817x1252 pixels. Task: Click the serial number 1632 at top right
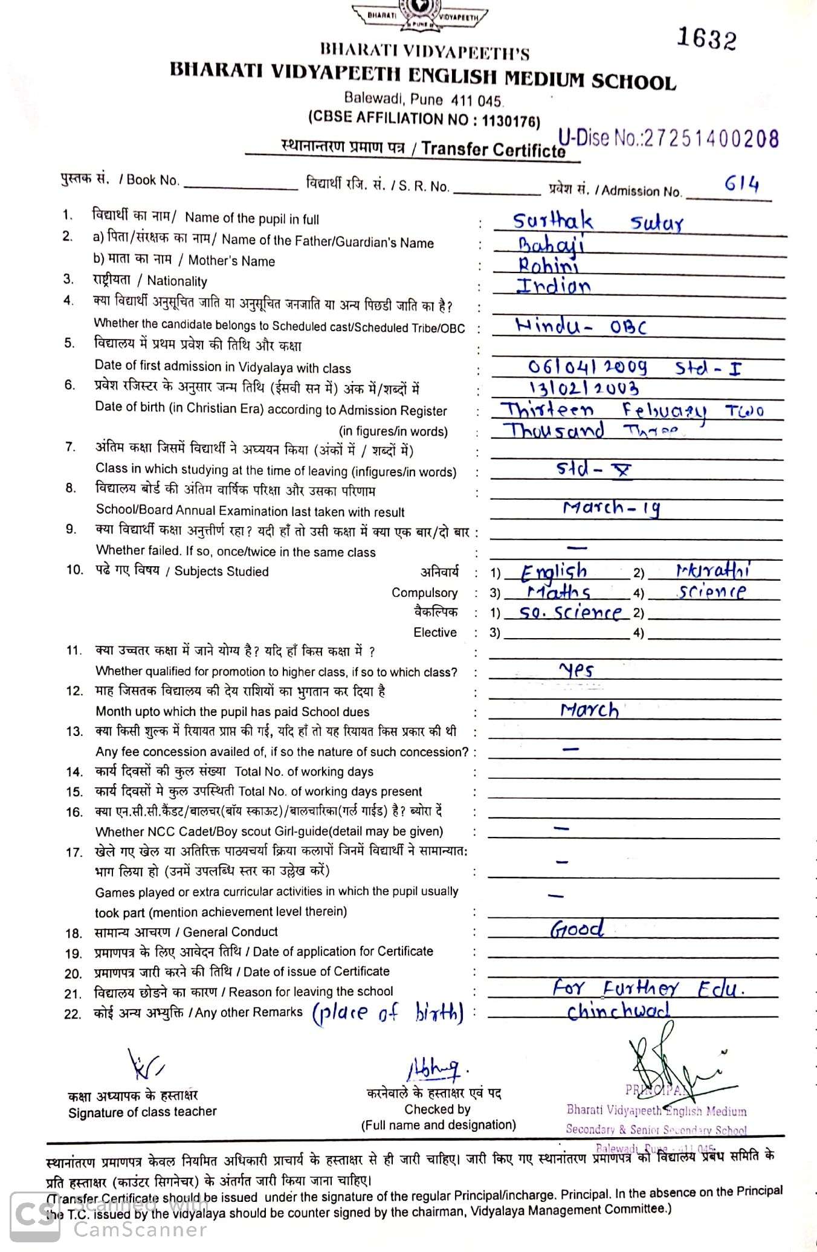[x=706, y=38]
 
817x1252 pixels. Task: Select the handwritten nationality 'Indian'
[x=553, y=285]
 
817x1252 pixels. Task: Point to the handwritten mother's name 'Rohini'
[x=547, y=265]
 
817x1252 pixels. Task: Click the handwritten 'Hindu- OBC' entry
[x=581, y=327]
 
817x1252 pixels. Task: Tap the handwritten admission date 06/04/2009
[x=587, y=367]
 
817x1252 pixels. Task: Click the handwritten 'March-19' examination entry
[x=611, y=508]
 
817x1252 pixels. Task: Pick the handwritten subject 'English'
[x=554, y=571]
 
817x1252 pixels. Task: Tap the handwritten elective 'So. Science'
[x=570, y=613]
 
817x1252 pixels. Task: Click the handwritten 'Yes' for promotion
[x=576, y=670]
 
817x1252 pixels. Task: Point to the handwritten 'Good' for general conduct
[x=576, y=929]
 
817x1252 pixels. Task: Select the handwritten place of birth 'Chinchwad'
[x=618, y=1012]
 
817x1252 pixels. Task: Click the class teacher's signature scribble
[x=144, y=1065]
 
